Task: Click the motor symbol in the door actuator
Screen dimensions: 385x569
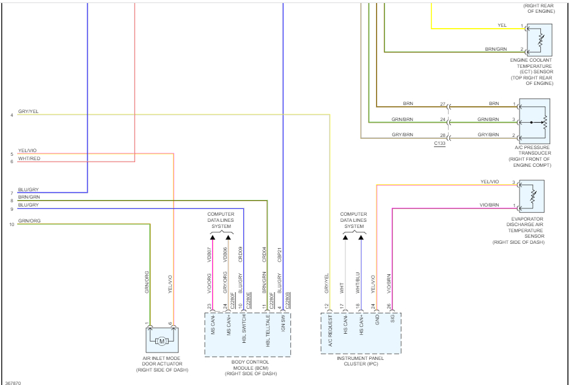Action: (x=162, y=341)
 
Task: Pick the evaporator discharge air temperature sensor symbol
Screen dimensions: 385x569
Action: (x=531, y=196)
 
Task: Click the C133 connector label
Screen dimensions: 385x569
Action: (x=439, y=143)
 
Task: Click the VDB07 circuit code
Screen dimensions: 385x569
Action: (x=209, y=254)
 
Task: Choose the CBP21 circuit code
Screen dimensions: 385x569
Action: (x=279, y=254)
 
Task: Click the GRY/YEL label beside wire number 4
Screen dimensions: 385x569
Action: (x=28, y=112)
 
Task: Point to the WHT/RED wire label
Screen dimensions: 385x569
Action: (x=29, y=159)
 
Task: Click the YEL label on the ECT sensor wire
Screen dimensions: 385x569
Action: (x=502, y=25)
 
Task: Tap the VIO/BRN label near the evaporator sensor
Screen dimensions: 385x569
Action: (x=490, y=205)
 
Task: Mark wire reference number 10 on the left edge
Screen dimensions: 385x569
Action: (x=12, y=224)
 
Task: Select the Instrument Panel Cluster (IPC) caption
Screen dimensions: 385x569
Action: (x=361, y=361)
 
